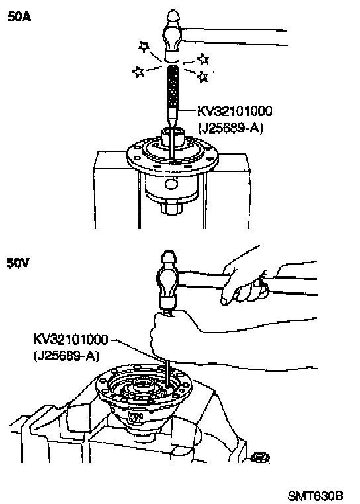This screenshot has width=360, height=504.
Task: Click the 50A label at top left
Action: tap(19, 17)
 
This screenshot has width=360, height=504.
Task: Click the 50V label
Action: tap(18, 263)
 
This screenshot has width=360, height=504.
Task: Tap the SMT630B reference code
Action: tap(316, 495)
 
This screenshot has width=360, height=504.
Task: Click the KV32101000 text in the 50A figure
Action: tap(234, 111)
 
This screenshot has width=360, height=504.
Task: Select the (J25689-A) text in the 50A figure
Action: tap(231, 128)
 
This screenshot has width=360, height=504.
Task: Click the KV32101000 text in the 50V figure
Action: tap(70, 339)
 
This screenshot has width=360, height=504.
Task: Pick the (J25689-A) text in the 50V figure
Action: tap(66, 356)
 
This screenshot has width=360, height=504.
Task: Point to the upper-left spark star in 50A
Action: tap(144, 47)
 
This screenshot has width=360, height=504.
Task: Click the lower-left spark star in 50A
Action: tap(138, 71)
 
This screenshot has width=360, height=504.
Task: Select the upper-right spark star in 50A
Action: tap(203, 59)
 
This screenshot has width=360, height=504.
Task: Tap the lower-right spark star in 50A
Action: tap(202, 77)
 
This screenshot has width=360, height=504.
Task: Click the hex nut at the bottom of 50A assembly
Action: tap(171, 208)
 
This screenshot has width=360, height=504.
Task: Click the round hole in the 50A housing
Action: tap(171, 184)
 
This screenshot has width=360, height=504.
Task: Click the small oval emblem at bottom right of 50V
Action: tap(260, 458)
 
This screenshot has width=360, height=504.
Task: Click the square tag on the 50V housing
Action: tap(136, 418)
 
